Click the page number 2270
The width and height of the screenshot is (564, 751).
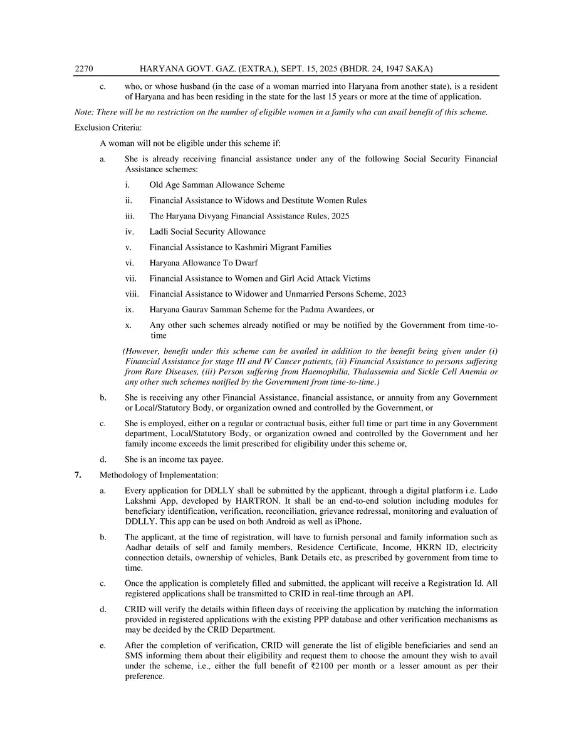[83, 68]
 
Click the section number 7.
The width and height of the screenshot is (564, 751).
[78, 474]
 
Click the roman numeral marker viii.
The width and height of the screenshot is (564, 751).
[132, 294]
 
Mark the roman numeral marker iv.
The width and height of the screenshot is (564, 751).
[128, 232]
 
